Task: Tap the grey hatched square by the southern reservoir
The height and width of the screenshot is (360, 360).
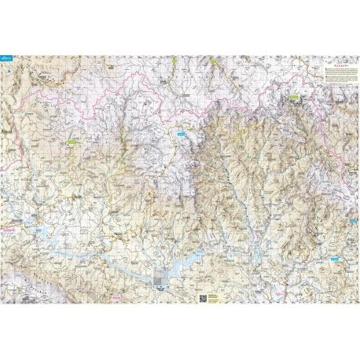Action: coord(162,279)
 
